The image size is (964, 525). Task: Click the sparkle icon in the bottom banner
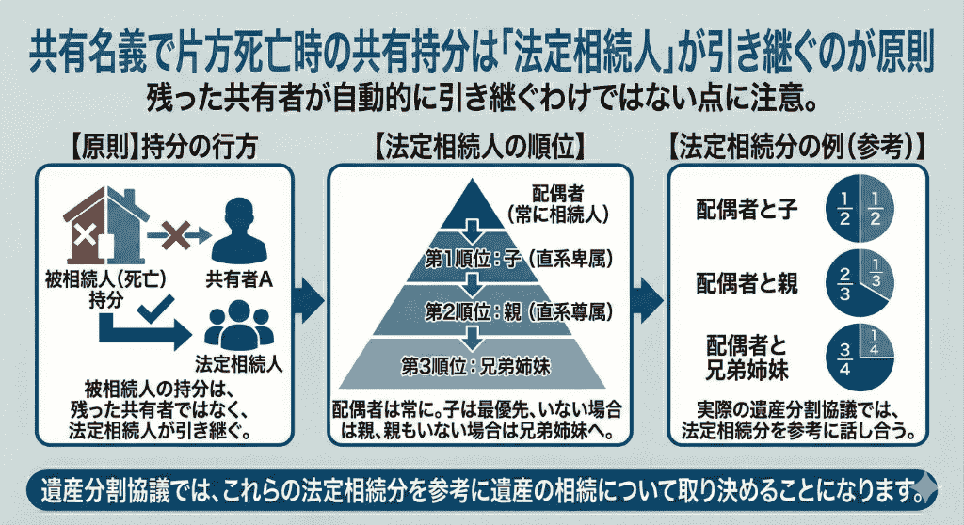pos(927,486)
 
